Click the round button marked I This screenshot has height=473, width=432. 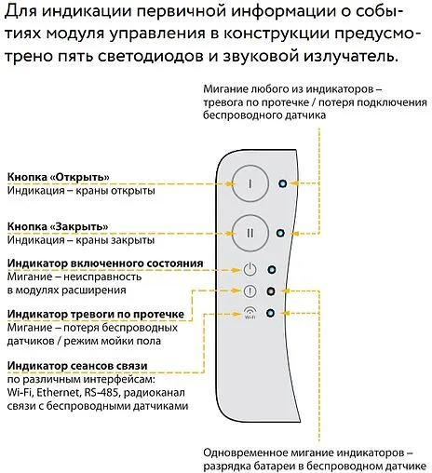coord(250,182)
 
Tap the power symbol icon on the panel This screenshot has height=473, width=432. coord(249,270)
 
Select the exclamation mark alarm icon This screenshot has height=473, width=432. coord(249,291)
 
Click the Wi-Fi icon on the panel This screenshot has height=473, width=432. coord(249,313)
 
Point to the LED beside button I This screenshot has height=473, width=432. coord(282,183)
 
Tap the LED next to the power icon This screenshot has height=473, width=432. coord(272,271)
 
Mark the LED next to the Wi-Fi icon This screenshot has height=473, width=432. coord(270,314)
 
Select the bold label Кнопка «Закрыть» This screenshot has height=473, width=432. coord(59,226)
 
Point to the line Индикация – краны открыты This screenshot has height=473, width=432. coord(78,190)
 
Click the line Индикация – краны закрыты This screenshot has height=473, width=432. coord(78,239)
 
